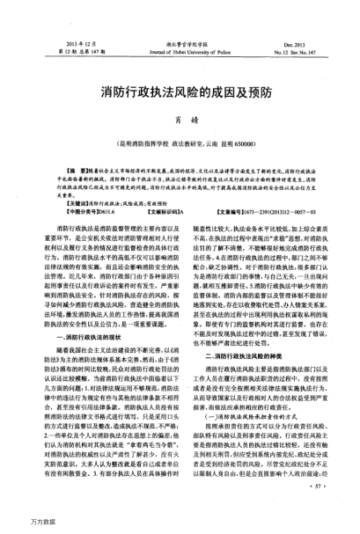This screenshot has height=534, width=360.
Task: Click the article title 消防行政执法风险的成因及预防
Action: pos(180,91)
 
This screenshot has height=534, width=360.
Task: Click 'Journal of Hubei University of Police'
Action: pos(180,51)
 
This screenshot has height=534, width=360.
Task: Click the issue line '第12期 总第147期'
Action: pos(71,51)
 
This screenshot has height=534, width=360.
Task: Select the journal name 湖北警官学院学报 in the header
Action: pos(180,42)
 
